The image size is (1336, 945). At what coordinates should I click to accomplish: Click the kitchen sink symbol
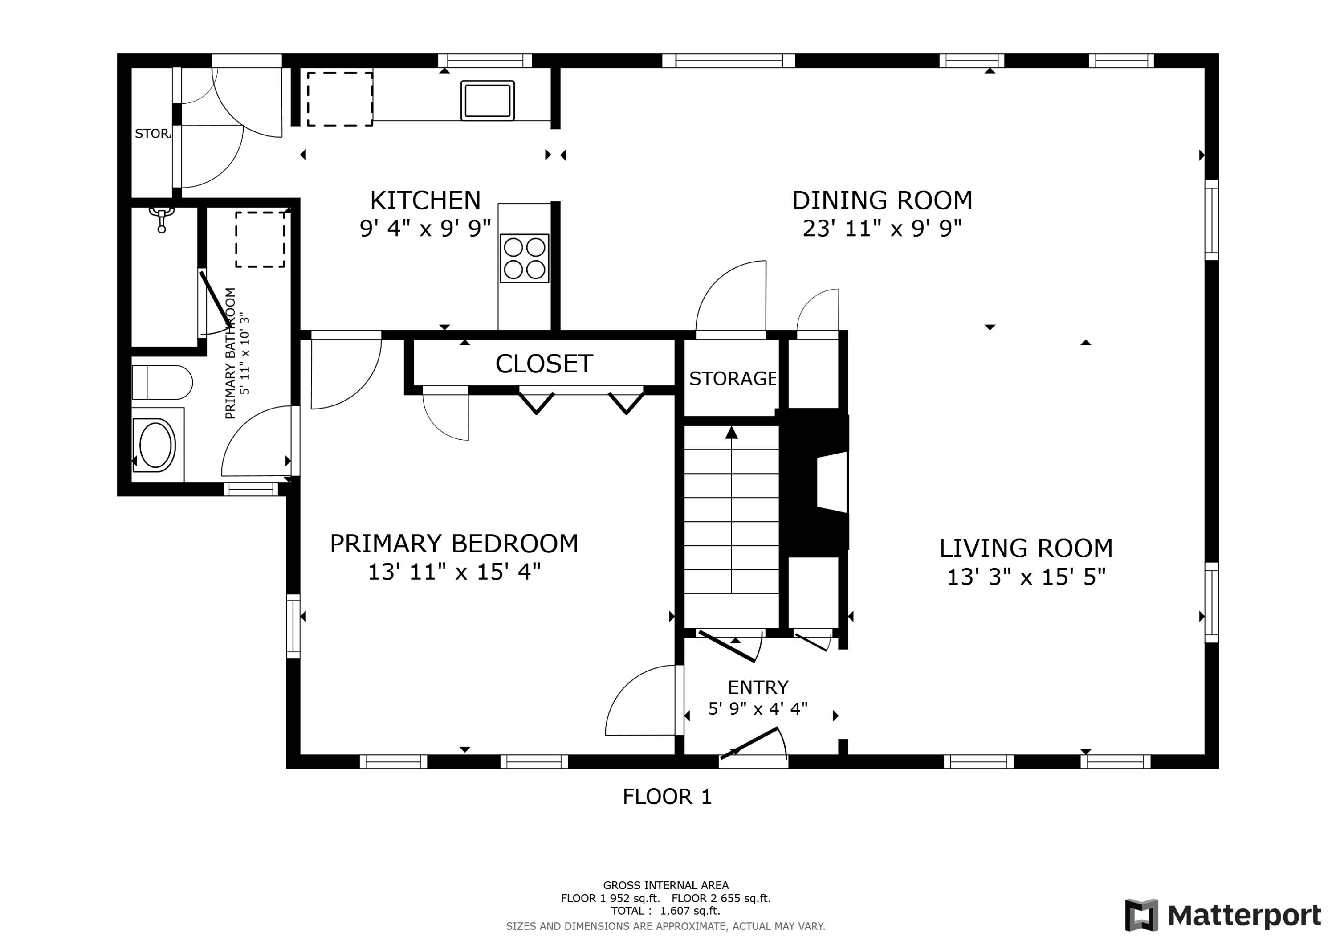point(487,100)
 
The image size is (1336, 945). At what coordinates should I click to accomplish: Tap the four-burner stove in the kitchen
point(524,258)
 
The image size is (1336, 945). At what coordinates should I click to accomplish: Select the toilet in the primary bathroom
point(162,383)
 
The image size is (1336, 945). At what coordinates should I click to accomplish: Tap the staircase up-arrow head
point(731,433)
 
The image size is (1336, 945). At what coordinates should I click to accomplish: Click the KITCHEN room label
point(425,201)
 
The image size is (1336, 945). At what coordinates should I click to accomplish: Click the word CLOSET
point(544,364)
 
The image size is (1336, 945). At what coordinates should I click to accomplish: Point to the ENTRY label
point(758,687)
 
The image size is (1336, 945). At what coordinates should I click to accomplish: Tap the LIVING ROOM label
point(1026,548)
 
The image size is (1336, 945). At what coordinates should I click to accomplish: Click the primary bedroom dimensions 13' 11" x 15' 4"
point(454,573)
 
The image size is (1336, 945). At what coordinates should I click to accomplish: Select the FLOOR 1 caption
point(667,797)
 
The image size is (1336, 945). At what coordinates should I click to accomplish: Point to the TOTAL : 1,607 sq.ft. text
point(665,911)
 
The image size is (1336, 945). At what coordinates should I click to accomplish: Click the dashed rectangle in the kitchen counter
point(340,99)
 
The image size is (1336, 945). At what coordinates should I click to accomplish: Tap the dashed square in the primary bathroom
point(260,239)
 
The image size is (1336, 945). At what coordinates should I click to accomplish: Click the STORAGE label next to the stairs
point(732,379)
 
